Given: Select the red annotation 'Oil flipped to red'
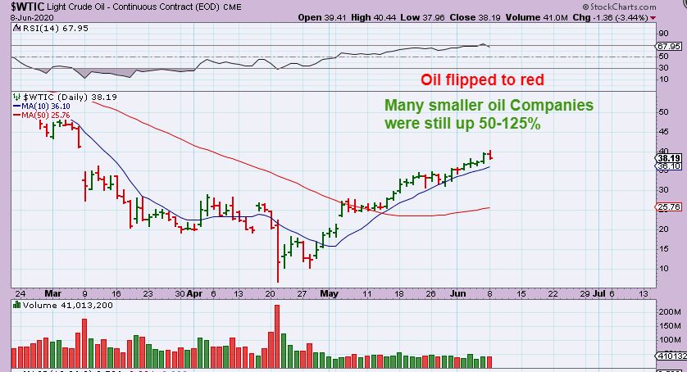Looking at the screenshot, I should tap(482, 80).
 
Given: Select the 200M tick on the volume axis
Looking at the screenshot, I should tap(667, 312).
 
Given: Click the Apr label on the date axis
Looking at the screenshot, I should tap(194, 293).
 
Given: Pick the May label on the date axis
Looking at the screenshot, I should tap(329, 293).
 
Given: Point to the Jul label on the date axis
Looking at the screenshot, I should tap(600, 293).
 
